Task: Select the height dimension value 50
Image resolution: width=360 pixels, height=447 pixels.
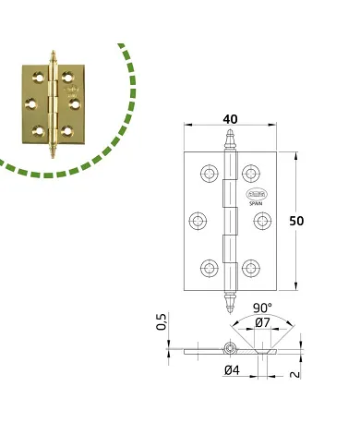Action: (296, 222)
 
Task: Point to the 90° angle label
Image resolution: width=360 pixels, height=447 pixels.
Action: (264, 308)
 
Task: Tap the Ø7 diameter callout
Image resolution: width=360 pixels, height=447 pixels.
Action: (262, 322)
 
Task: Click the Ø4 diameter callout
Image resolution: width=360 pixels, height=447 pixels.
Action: (234, 371)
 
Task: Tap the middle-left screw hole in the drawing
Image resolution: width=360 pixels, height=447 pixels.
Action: (198, 221)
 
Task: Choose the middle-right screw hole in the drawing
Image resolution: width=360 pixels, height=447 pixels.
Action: (259, 221)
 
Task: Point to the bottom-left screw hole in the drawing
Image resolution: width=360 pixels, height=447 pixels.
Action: (204, 269)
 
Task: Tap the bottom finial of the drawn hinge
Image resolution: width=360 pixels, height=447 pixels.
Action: (228, 300)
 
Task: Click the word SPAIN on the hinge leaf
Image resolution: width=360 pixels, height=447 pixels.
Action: (256, 200)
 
